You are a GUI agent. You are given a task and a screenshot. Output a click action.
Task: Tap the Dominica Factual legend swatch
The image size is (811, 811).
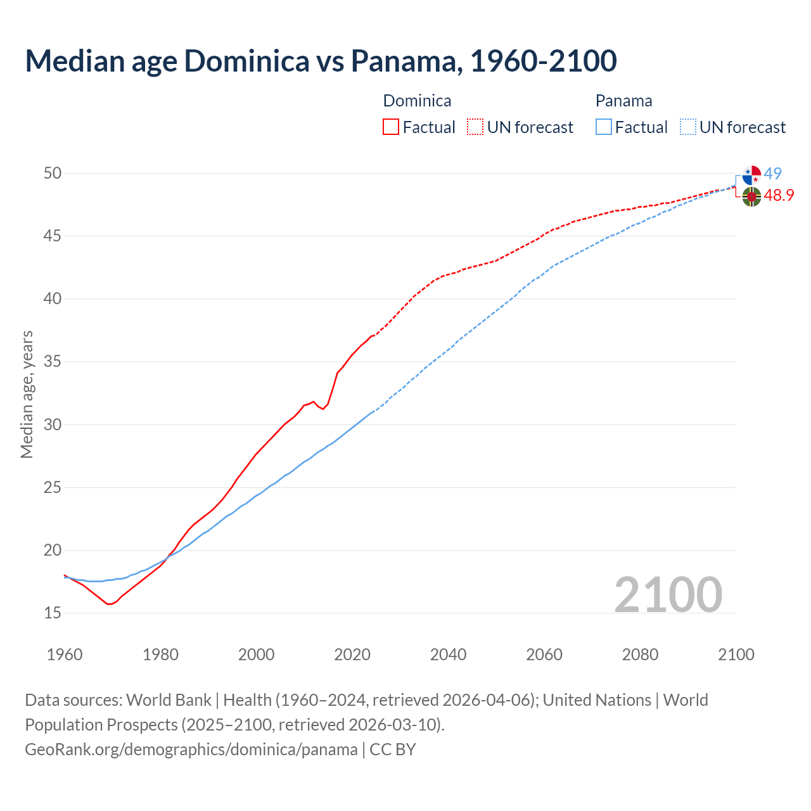[x=391, y=127]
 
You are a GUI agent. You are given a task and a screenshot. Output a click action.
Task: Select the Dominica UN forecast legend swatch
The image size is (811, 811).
[x=475, y=127]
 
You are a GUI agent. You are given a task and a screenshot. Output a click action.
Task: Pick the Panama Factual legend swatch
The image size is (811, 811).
[x=604, y=127]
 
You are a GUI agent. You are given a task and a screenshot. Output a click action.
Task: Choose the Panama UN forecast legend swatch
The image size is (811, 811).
[x=688, y=127]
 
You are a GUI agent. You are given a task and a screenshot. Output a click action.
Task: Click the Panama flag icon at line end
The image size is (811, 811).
[x=751, y=175]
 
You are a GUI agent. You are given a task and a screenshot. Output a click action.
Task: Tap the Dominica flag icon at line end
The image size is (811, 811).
[x=751, y=196]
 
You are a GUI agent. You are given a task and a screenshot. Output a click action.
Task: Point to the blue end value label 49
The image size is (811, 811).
[x=773, y=174]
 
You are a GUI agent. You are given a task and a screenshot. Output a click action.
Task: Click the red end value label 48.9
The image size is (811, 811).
[x=779, y=195]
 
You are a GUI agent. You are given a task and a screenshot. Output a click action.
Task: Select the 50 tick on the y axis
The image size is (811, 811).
[x=53, y=173]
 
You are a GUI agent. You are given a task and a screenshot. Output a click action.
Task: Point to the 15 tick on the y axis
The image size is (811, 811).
[x=53, y=613]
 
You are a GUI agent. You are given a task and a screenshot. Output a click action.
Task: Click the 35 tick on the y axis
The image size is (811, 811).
[x=53, y=362]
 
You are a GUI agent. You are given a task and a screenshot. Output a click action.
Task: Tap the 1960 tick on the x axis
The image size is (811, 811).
[x=65, y=655]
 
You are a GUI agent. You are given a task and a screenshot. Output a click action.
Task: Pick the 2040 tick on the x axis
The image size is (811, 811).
[x=448, y=655]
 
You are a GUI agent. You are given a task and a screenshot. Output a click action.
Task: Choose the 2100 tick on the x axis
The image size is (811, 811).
[x=736, y=655]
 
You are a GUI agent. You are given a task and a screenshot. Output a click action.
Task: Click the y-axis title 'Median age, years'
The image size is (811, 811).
[x=27, y=394]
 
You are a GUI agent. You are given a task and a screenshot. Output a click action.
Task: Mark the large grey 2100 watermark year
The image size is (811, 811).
[x=668, y=594]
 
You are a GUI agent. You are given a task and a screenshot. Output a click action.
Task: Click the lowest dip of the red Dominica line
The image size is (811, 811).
[x=109, y=604]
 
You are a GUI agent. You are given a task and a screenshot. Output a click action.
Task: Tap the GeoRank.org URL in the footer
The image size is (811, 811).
[x=191, y=750]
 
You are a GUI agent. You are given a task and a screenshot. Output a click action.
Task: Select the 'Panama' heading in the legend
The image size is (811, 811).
[x=623, y=101]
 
